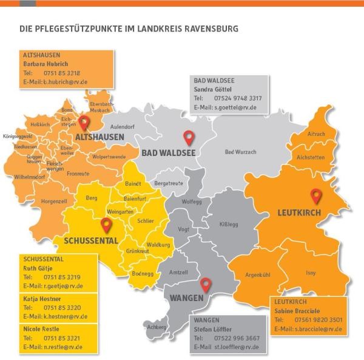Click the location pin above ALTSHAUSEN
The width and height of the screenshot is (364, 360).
(84, 123)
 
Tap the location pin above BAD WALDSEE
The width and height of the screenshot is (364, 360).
(189, 138)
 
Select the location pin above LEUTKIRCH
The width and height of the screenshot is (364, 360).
(315, 196)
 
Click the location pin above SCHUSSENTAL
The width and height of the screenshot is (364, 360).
(107, 226)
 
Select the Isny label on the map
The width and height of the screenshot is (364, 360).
(310, 273)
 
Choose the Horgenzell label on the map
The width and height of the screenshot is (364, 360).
(54, 201)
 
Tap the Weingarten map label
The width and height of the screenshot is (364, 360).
(120, 211)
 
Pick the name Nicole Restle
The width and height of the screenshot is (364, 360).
(41, 328)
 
